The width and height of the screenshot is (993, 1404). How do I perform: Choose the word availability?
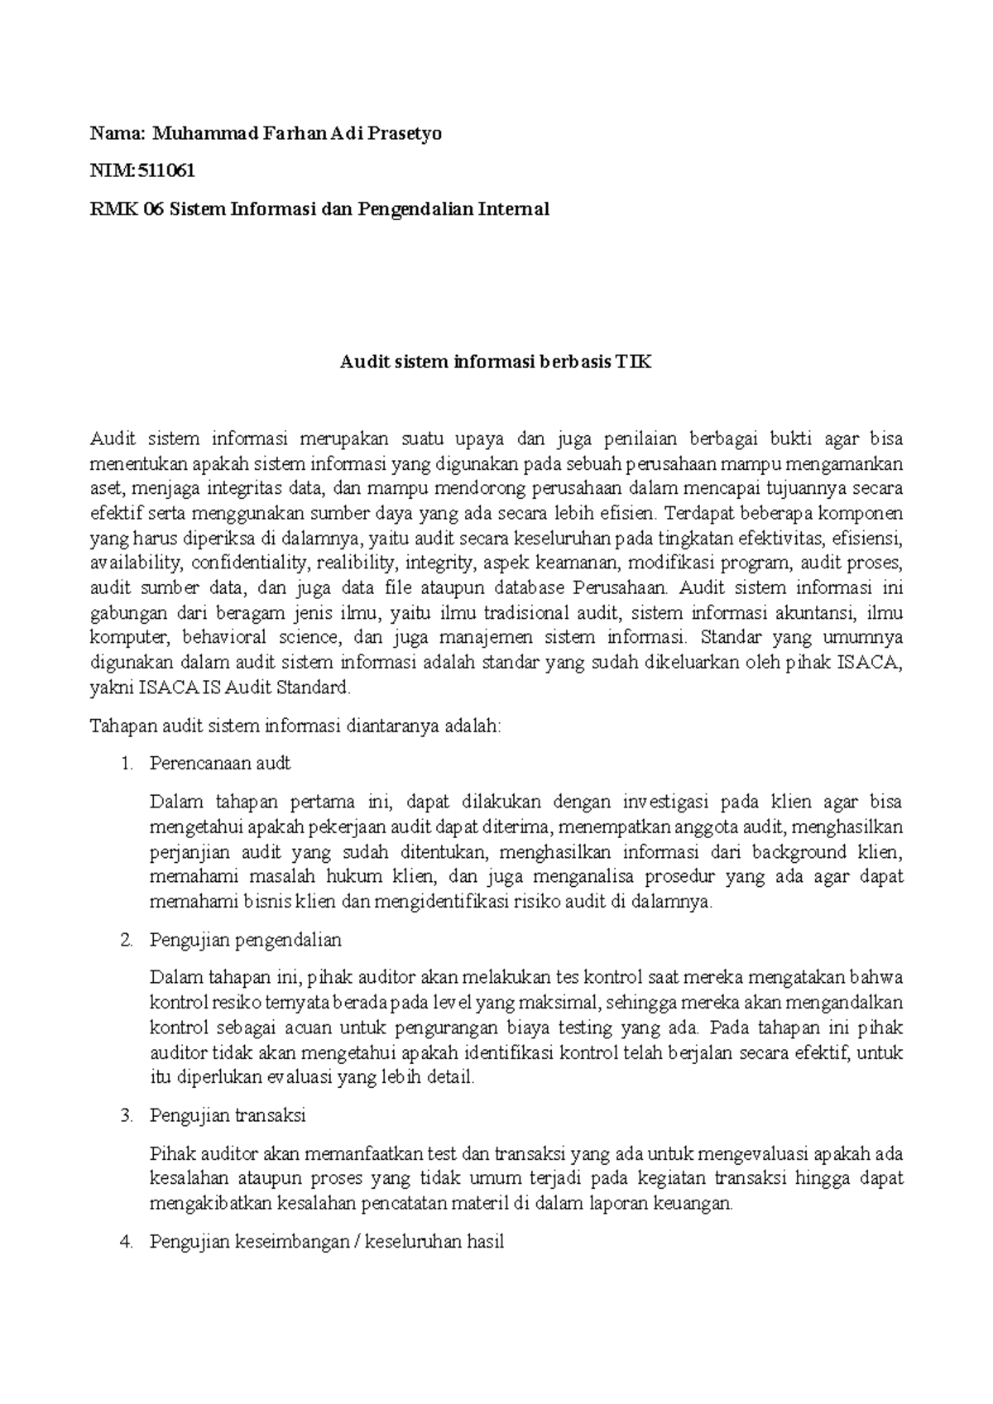[136, 563]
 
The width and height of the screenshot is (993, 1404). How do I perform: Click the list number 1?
[124, 763]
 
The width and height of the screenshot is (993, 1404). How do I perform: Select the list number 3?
[124, 1115]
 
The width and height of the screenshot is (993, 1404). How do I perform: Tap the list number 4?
[124, 1242]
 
